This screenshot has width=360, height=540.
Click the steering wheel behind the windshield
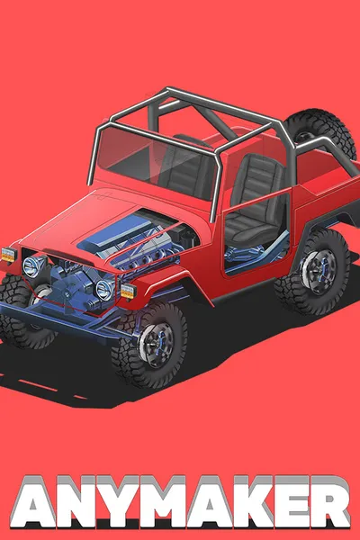(x=193, y=140)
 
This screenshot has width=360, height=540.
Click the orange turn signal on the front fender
(x=128, y=292)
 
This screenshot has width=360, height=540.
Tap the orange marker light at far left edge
(x=9, y=255)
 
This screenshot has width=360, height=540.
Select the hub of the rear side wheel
(x=319, y=272)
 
